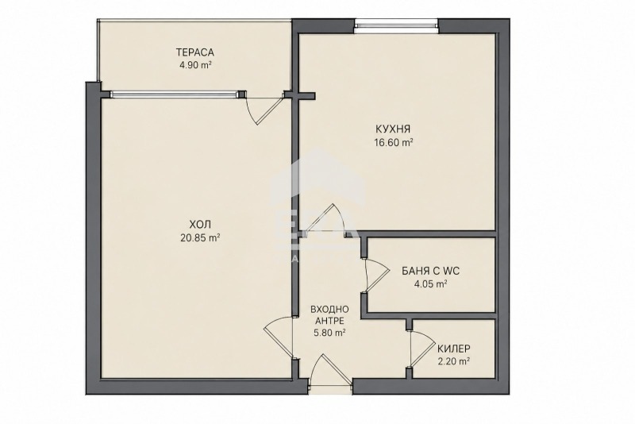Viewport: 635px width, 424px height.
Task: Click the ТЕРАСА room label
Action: [194, 52]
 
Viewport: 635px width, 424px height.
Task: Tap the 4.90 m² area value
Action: [196, 65]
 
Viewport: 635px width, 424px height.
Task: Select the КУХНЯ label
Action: [393, 129]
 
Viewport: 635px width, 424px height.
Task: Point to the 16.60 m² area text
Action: [394, 143]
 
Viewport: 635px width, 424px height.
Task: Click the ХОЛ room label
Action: [200, 224]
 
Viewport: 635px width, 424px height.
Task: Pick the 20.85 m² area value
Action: [200, 237]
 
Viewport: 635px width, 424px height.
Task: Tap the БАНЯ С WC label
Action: [431, 271]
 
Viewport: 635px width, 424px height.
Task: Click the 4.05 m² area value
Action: [430, 284]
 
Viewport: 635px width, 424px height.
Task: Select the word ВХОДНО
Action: [329, 310]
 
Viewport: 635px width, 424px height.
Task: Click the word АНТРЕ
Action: [329, 321]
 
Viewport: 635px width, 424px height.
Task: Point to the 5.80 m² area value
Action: [329, 333]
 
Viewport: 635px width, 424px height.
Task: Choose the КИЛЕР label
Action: [453, 349]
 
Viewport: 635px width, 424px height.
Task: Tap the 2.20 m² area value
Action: [453, 361]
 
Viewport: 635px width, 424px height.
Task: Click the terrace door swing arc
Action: [264, 110]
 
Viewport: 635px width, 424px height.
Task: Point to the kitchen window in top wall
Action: [396, 27]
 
